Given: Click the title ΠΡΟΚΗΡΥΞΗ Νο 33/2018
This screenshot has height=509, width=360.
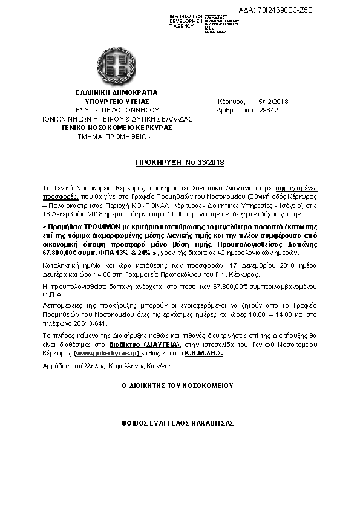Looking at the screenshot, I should pyautogui.click(x=179, y=163).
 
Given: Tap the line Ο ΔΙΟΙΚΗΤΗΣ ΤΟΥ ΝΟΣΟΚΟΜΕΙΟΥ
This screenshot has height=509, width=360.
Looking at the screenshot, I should pyautogui.click(x=177, y=385).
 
